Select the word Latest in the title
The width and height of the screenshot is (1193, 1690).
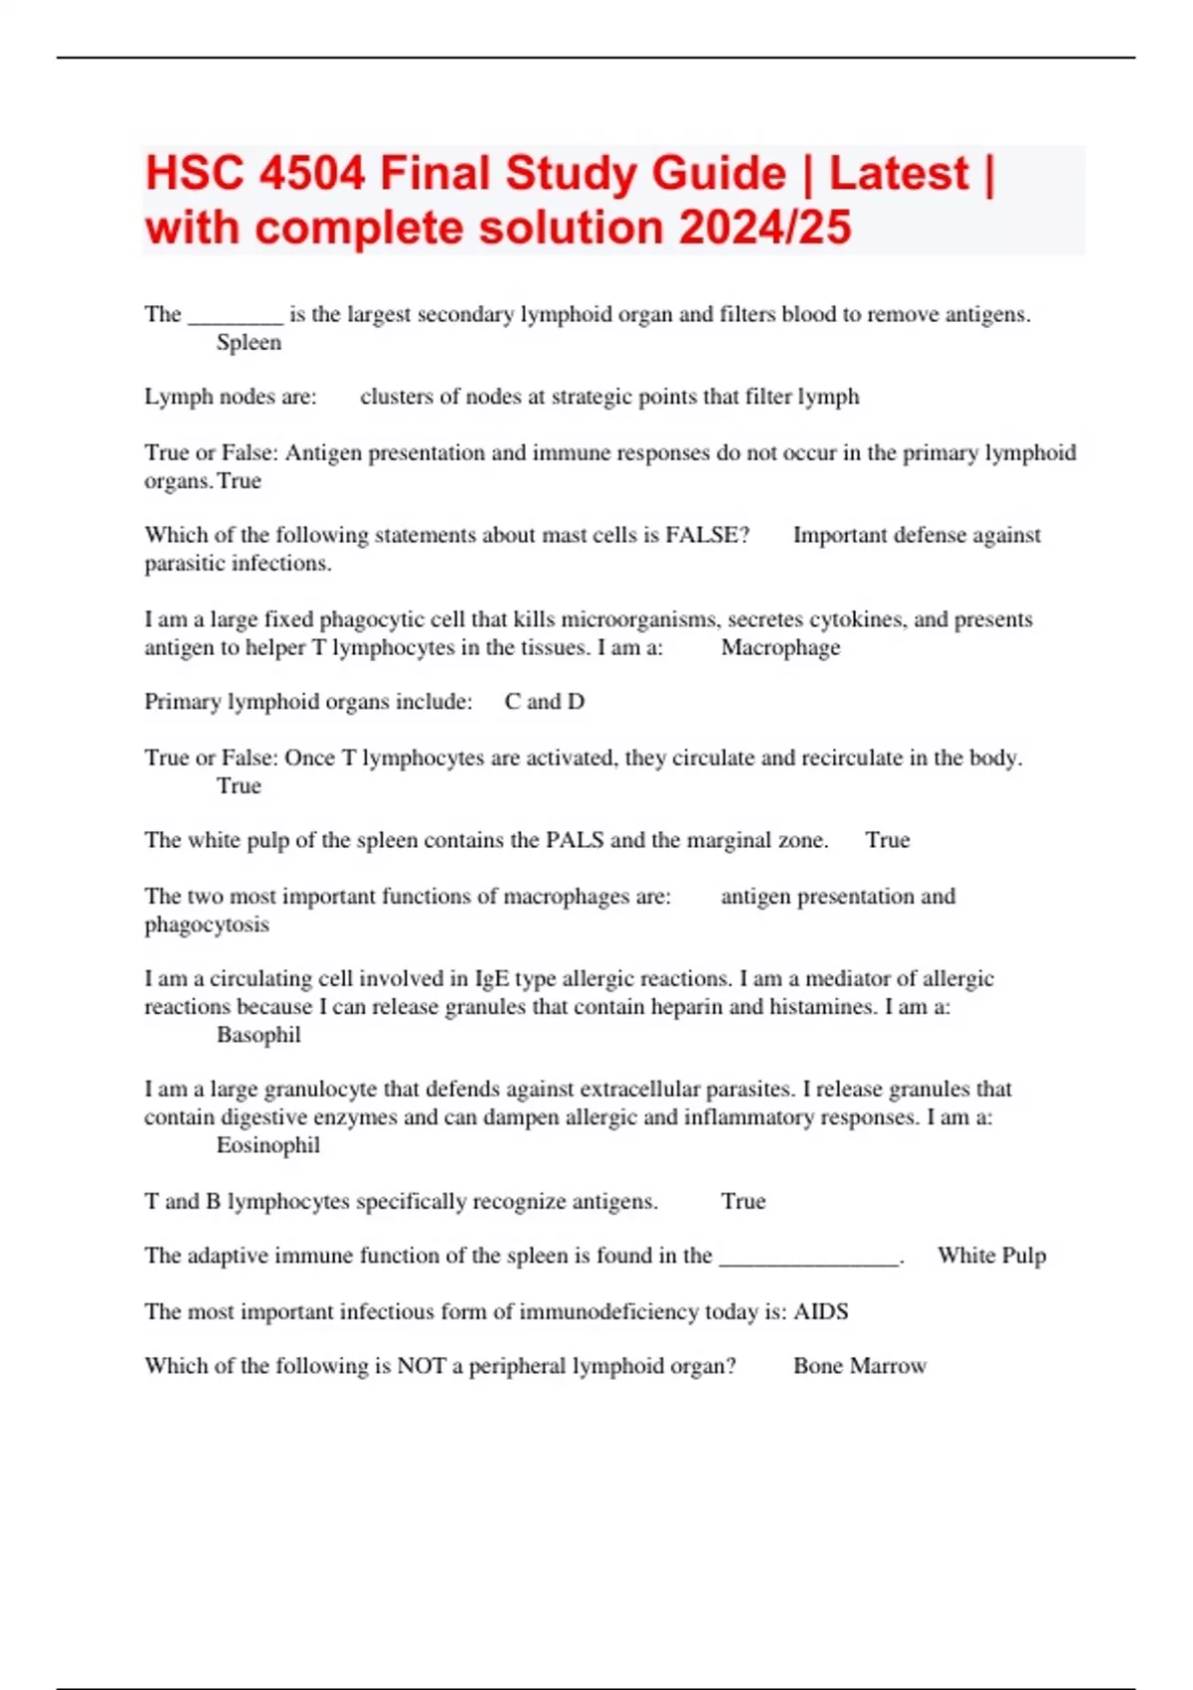899,174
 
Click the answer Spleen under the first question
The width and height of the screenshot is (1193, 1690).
249,343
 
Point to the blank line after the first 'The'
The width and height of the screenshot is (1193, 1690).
236,316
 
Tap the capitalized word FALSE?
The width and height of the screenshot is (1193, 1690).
707,535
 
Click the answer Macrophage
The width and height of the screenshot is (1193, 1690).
780,648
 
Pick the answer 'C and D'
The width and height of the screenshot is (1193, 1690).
544,702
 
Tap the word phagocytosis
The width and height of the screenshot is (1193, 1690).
207,925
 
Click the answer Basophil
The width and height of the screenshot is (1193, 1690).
258,1035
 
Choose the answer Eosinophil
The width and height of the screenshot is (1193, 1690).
268,1145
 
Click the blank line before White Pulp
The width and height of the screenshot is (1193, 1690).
809,1258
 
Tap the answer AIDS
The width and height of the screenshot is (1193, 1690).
821,1312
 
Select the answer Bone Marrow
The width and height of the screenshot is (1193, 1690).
860,1366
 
